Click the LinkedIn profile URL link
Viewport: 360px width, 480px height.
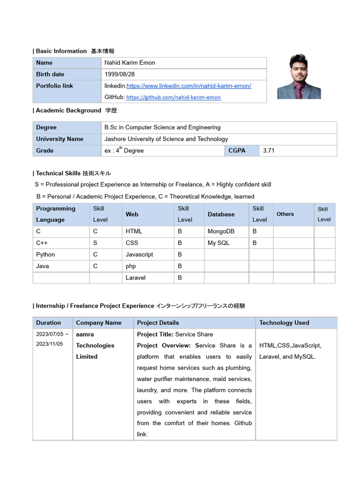(x=189, y=86)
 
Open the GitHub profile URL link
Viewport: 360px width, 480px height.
(x=173, y=97)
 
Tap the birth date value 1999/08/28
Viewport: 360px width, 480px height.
(x=123, y=75)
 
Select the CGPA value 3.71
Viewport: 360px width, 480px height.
(x=269, y=150)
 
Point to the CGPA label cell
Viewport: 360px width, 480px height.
(x=237, y=150)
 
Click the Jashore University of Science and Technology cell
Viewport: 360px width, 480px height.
(x=166, y=139)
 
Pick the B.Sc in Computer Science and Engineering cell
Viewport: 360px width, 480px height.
(x=162, y=127)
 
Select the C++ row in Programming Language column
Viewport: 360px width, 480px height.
(x=42, y=243)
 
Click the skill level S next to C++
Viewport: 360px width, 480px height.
(x=95, y=243)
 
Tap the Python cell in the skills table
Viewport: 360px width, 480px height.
(x=45, y=255)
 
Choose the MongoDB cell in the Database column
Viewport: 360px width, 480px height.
(x=221, y=232)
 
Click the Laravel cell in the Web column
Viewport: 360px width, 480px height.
(x=135, y=277)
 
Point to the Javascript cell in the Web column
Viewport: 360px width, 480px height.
(x=139, y=255)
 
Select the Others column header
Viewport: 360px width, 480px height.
(x=285, y=214)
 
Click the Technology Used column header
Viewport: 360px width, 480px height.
(x=284, y=322)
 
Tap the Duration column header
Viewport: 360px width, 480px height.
(x=48, y=322)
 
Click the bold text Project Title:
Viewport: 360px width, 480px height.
(x=155, y=334)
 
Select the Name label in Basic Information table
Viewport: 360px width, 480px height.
(x=44, y=63)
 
